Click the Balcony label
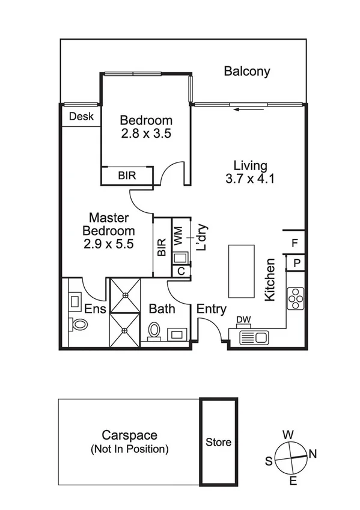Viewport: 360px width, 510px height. [x=246, y=72]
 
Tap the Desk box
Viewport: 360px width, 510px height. [x=81, y=117]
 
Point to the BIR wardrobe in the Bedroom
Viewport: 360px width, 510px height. [x=127, y=176]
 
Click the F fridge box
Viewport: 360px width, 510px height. [x=294, y=243]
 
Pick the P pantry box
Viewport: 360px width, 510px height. [x=296, y=263]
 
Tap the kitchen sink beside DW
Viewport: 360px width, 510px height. [x=254, y=337]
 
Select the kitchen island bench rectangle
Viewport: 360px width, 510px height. [x=241, y=271]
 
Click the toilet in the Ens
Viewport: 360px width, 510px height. [x=79, y=324]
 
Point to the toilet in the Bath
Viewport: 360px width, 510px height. [x=154, y=331]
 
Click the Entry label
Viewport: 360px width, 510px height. [x=212, y=310]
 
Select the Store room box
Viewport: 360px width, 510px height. [x=219, y=442]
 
